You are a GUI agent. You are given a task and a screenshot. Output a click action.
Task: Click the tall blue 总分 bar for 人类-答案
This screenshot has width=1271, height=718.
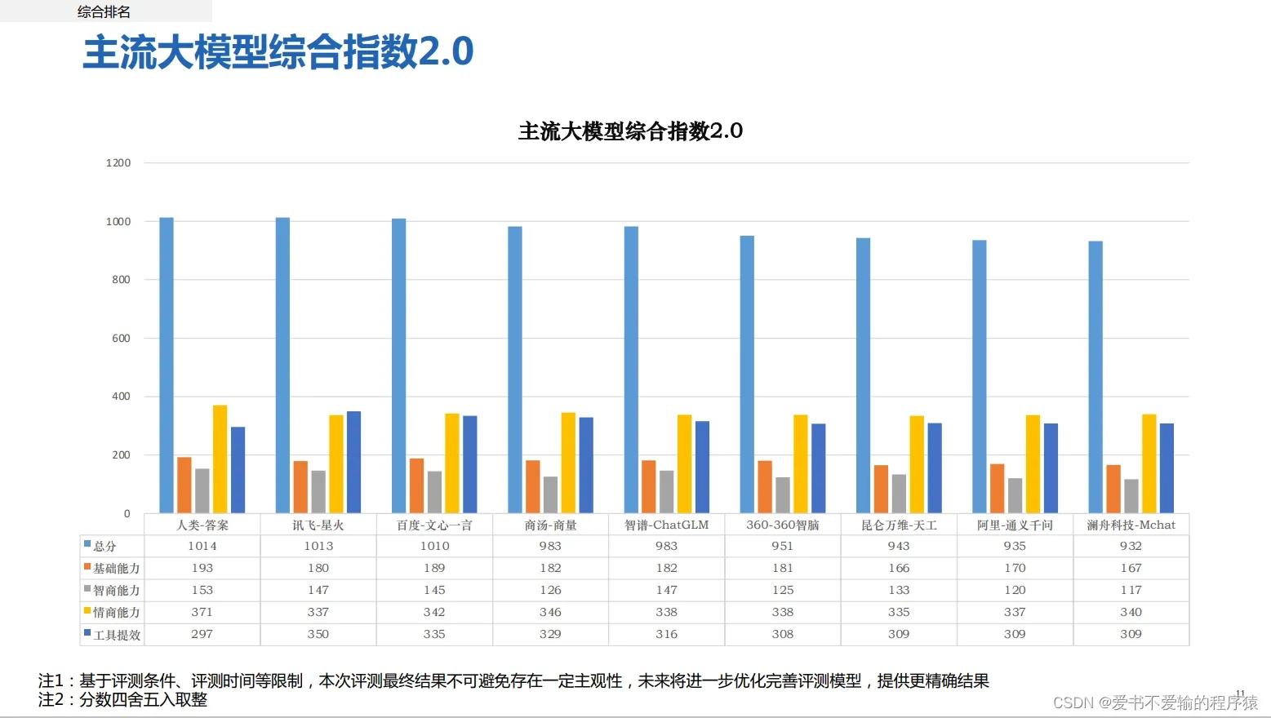pyautogui.click(x=167, y=365)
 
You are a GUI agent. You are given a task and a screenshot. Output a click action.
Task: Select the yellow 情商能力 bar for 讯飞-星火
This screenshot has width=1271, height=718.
pyautogui.click(x=336, y=463)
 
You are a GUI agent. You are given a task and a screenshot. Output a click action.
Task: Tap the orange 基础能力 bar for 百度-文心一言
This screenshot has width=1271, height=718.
pyautogui.click(x=416, y=485)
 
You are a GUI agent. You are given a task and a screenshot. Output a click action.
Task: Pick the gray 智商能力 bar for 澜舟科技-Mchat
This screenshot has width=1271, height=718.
pyautogui.click(x=1131, y=496)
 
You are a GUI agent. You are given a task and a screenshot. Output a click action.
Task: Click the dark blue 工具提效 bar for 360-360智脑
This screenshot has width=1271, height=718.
pyautogui.click(x=818, y=468)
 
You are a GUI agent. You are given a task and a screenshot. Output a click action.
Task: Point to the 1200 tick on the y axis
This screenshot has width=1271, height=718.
pyautogui.click(x=118, y=163)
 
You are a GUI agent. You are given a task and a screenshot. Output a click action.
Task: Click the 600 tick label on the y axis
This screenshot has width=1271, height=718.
pyautogui.click(x=121, y=338)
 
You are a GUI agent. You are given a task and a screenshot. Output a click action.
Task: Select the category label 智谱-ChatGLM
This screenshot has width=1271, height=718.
pyautogui.click(x=666, y=525)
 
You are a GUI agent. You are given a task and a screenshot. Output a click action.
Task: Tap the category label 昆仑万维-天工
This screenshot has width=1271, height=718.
pyautogui.click(x=899, y=525)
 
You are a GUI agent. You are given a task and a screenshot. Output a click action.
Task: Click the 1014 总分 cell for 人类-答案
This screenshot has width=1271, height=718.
pyautogui.click(x=202, y=546)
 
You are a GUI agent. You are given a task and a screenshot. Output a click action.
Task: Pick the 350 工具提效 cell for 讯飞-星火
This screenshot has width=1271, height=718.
pyautogui.click(x=318, y=634)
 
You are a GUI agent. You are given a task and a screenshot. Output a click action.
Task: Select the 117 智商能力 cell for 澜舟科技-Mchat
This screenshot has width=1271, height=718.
pyautogui.click(x=1131, y=590)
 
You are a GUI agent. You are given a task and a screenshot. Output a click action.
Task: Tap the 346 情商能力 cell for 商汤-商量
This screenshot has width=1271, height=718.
pyautogui.click(x=550, y=612)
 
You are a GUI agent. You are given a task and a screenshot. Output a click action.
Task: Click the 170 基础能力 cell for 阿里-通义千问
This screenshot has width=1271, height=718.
pyautogui.click(x=1015, y=568)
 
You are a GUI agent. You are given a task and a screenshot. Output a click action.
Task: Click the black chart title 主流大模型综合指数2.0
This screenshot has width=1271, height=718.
pyautogui.click(x=630, y=131)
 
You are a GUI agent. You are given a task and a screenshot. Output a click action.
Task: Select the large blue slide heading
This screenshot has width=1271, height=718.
pyautogui.click(x=278, y=52)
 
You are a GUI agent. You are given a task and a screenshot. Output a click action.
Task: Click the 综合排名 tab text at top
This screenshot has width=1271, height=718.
pyautogui.click(x=104, y=11)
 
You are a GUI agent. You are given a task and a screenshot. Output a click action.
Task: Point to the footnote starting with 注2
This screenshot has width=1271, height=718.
pyautogui.click(x=122, y=700)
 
